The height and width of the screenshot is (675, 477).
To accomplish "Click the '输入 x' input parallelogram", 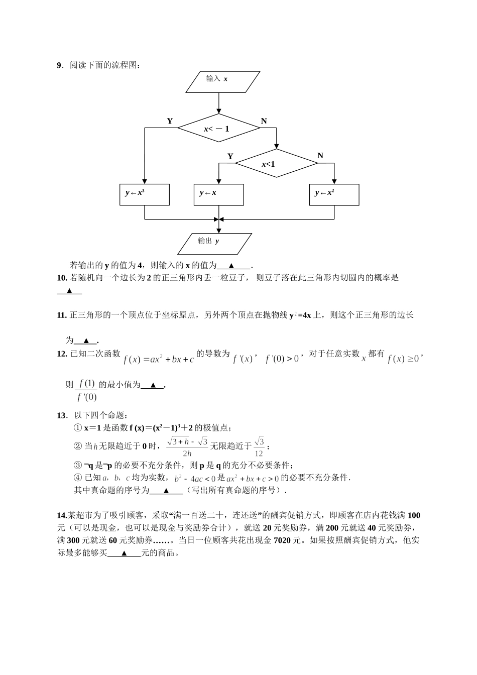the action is [223, 82].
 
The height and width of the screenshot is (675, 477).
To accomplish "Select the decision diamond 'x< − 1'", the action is [219, 129].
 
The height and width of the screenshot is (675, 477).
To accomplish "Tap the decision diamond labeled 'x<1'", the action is [276, 164].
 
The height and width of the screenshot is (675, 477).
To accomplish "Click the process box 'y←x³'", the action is [145, 194].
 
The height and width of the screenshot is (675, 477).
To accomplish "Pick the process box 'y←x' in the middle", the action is [218, 194].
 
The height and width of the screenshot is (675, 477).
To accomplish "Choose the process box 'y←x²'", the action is [334, 194].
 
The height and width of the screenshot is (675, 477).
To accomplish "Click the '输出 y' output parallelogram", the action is [215, 244].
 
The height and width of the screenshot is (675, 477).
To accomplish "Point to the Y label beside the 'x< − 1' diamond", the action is [170, 121].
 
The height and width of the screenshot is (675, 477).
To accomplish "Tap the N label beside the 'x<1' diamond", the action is [320, 156].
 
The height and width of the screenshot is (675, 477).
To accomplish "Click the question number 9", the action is [59, 65].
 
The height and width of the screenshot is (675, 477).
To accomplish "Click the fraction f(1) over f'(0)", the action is [86, 391].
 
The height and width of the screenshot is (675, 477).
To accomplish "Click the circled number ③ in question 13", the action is [77, 465].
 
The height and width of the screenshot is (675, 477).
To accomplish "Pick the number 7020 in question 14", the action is [283, 541].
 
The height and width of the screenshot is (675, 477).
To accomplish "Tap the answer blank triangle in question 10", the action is [70, 291].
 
